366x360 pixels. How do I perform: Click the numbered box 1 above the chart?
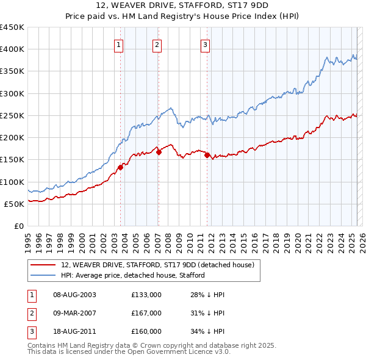pyautogui.click(x=118, y=44)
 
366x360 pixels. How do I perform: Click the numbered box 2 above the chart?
pyautogui.click(x=157, y=44)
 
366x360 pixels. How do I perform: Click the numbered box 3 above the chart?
pyautogui.click(x=205, y=44)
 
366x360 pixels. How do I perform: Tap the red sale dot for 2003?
pyautogui.click(x=120, y=168)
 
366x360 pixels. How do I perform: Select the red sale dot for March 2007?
pyautogui.click(x=159, y=153)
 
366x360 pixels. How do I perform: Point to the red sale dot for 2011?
pyautogui.click(x=207, y=156)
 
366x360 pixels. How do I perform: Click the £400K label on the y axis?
pyautogui.click(x=12, y=49)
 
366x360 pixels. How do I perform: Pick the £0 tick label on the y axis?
pyautogui.click(x=20, y=226)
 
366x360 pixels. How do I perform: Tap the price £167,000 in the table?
pyautogui.click(x=146, y=313)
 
